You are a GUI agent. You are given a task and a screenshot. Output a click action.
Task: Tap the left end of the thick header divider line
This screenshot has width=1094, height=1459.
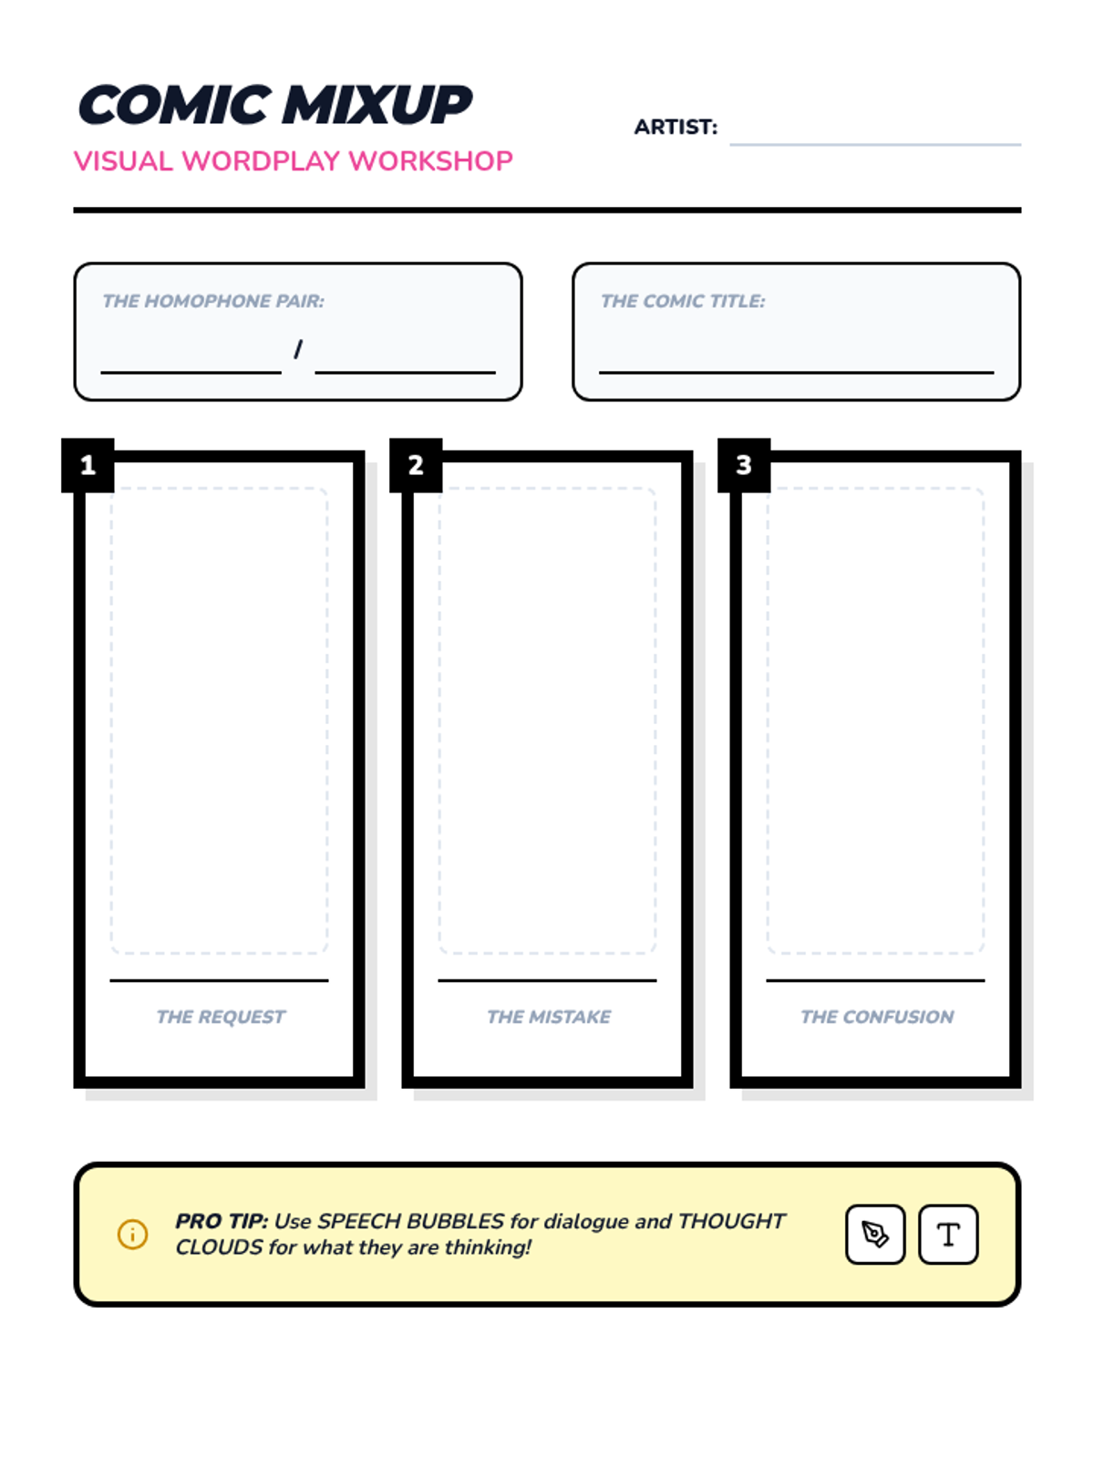coord(74,210)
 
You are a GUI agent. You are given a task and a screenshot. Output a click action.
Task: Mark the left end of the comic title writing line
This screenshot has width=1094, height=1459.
coord(600,372)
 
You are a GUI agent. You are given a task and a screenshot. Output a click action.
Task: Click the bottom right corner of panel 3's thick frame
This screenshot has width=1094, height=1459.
coord(1020,1088)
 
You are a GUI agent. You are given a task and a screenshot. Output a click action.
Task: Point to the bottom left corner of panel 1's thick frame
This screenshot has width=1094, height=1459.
coord(75,1088)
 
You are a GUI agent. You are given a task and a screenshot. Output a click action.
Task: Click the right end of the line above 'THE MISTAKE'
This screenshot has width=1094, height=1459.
coord(656,980)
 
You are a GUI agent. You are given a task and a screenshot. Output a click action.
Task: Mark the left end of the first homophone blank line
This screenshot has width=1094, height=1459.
coord(101,372)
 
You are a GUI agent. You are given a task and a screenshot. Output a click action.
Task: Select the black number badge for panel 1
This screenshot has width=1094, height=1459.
coord(88,465)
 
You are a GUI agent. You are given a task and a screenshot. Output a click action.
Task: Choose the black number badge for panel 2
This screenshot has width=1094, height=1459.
coord(416,465)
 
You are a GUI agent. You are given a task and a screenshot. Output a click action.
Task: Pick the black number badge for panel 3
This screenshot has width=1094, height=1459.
coord(744,465)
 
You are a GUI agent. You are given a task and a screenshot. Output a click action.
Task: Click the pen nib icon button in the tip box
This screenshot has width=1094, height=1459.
coord(875,1235)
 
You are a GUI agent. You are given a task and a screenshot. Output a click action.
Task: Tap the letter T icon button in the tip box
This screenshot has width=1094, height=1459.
coord(948,1235)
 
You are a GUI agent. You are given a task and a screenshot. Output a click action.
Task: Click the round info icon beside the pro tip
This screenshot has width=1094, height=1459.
coord(132,1235)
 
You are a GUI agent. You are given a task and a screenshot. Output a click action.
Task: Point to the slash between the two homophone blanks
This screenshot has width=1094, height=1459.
coord(298,349)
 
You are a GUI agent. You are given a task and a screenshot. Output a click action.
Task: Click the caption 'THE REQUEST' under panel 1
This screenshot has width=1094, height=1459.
coord(221,1017)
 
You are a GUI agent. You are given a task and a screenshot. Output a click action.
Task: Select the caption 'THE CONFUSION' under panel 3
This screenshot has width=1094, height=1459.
coord(877,1017)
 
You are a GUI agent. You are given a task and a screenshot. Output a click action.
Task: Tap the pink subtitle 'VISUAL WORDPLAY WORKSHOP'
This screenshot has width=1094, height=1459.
coord(293,160)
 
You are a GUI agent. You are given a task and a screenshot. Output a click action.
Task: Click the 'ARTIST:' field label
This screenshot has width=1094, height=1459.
coord(676,127)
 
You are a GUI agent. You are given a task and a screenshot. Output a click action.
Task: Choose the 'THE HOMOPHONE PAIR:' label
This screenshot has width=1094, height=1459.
coord(213,301)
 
